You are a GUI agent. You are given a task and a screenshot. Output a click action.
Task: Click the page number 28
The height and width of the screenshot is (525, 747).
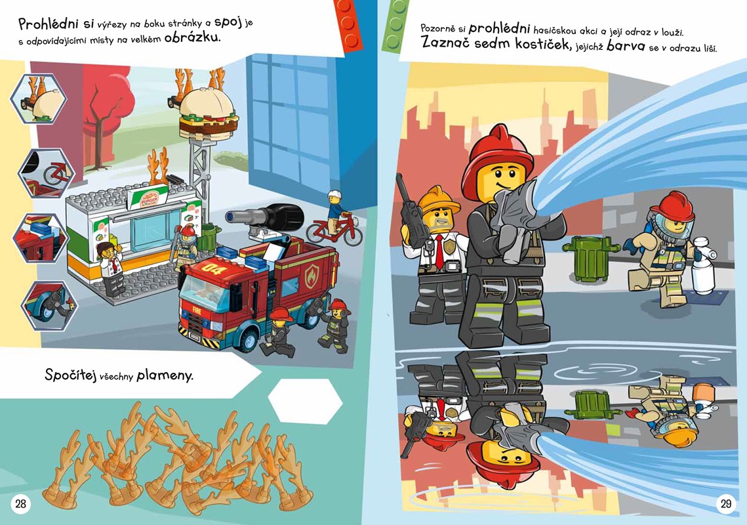point(20,503)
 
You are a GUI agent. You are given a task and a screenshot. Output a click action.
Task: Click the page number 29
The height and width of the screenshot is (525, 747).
point(725,503)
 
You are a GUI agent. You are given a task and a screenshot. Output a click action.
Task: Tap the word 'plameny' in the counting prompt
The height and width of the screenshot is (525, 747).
point(165,376)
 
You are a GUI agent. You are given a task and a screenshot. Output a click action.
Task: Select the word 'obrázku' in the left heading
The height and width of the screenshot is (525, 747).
point(192,38)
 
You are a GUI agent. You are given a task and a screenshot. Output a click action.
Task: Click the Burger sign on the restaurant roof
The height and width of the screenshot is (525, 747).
point(148,196)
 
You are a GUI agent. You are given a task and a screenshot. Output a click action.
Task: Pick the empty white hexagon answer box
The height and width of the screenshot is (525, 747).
point(305,401)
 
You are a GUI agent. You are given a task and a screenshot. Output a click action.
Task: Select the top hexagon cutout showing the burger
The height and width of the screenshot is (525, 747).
point(39,98)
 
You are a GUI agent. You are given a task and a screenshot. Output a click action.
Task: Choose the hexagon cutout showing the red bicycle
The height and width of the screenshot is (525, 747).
point(46,173)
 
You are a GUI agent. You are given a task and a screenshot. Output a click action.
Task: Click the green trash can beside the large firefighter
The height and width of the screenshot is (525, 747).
point(590,257)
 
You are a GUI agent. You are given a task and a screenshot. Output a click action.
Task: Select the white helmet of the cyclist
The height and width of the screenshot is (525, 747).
point(335,194)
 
